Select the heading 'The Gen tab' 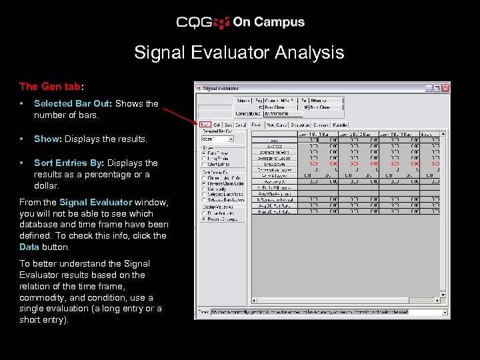tap(50, 86)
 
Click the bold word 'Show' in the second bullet tap(47, 139)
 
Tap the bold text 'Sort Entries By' tap(69, 163)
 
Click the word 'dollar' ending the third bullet tap(47, 185)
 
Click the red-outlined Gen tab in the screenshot tap(205, 125)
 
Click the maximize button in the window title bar tap(437, 87)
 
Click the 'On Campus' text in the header tap(269, 22)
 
